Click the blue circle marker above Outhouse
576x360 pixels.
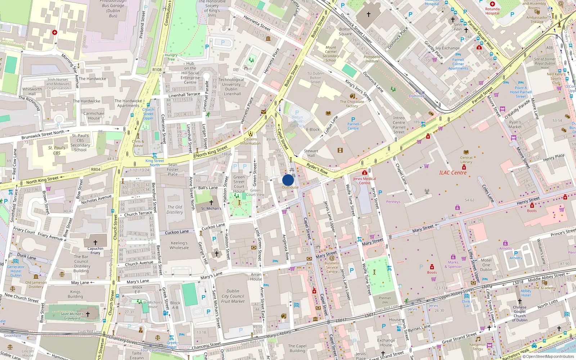(x=288, y=180)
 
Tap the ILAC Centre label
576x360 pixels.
(x=453, y=173)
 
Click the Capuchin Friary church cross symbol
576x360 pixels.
(x=95, y=243)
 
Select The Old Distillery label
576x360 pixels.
(x=175, y=210)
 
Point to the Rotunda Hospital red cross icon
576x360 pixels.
(x=492, y=4)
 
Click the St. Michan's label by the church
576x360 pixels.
(x=211, y=208)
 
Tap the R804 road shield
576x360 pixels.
(x=96, y=169)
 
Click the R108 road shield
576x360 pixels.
(x=157, y=70)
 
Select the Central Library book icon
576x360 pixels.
(x=466, y=152)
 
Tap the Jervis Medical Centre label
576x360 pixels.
(x=364, y=181)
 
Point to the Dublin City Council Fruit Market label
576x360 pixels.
(x=233, y=296)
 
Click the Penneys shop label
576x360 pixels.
(x=393, y=202)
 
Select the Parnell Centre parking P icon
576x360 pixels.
(x=353, y=120)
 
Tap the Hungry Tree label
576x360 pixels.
(x=171, y=57)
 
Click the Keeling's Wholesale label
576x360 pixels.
(x=179, y=245)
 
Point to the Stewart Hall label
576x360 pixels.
(x=311, y=153)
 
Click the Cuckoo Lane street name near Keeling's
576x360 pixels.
(x=177, y=232)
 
